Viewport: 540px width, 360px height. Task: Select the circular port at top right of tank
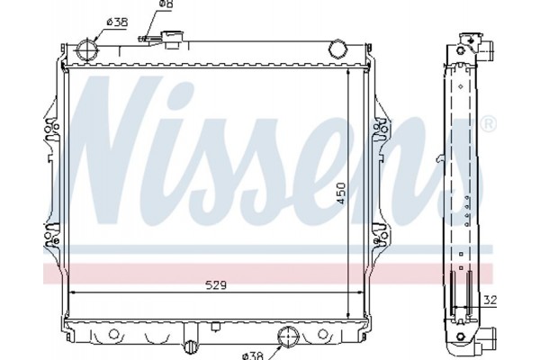pyautogui.click(x=339, y=48)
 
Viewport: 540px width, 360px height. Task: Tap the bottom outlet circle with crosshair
pyautogui.click(x=288, y=337)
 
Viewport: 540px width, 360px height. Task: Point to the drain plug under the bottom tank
pyautogui.click(x=189, y=346)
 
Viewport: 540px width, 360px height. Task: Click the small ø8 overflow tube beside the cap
pyautogui.click(x=147, y=39)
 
